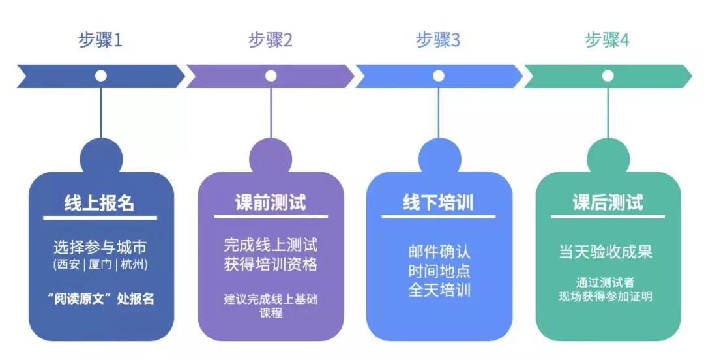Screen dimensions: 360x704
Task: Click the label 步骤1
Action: click(100, 40)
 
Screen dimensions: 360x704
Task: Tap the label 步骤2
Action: click(270, 40)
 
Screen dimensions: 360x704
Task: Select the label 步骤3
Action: click(438, 40)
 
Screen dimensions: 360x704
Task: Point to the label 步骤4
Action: click(607, 40)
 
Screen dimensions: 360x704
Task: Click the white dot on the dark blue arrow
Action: click(101, 76)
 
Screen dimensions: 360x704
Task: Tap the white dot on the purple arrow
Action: click(270, 76)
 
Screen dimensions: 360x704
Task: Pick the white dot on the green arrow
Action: click(608, 76)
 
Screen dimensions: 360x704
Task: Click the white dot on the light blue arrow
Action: click(439, 76)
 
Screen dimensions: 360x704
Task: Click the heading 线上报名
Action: click(100, 203)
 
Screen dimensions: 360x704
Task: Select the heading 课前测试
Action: click(270, 203)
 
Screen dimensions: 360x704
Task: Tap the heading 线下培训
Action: click(439, 203)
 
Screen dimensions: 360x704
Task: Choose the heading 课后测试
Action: click(608, 203)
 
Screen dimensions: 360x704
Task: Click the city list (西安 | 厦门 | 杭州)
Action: click(100, 265)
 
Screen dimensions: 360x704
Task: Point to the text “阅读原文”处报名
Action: click(100, 299)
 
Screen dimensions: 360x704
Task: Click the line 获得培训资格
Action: click(270, 265)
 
